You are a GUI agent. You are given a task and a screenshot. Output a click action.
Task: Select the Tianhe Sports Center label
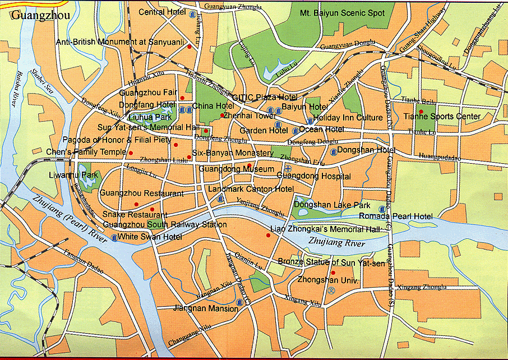click(x=442, y=117)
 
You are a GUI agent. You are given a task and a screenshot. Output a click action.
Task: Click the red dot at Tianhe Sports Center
click(x=421, y=112)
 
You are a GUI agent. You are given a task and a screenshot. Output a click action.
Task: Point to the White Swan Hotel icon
click(x=114, y=237)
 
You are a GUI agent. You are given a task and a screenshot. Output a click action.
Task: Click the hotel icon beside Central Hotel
click(x=193, y=13)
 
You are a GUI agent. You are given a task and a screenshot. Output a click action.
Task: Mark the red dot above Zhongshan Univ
click(x=333, y=273)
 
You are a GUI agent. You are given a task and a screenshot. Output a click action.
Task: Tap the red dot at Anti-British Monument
click(x=190, y=47)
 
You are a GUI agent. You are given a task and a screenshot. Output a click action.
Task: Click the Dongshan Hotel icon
click(x=334, y=151)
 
